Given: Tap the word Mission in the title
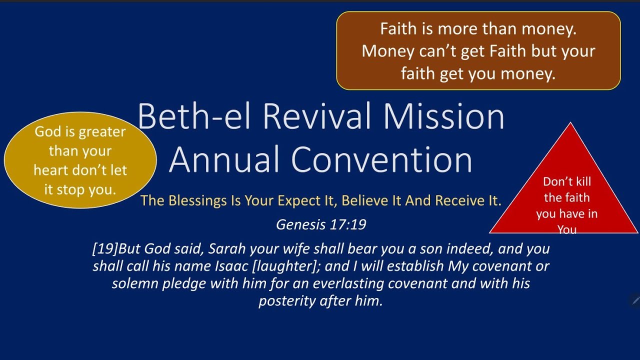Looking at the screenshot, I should click(x=444, y=116).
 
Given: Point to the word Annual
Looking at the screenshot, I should click(x=224, y=160).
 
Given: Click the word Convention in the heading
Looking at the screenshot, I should click(x=382, y=160).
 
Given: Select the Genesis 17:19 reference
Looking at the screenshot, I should click(x=321, y=224).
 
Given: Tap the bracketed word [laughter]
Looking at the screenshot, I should click(x=285, y=266).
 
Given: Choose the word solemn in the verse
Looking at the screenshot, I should click(x=131, y=283).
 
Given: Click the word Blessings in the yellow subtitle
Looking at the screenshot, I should click(x=198, y=200).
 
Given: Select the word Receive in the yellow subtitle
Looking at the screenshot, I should click(x=459, y=200).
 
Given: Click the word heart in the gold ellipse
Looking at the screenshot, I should click(x=48, y=170).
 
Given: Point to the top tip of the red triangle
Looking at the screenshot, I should click(x=570, y=123).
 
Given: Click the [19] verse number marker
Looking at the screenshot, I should click(x=105, y=248).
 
